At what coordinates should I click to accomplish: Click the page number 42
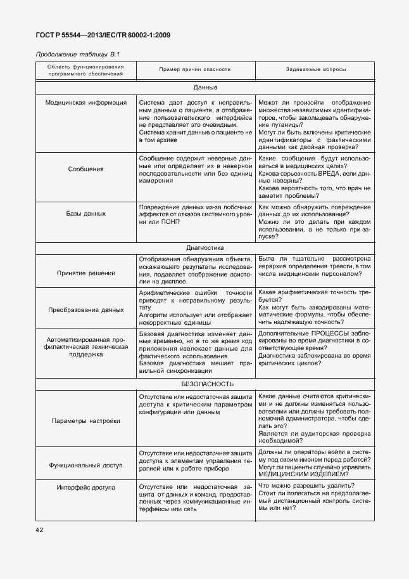[40, 529]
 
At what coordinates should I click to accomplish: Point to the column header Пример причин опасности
[194, 69]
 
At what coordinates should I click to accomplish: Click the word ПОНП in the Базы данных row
[171, 221]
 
